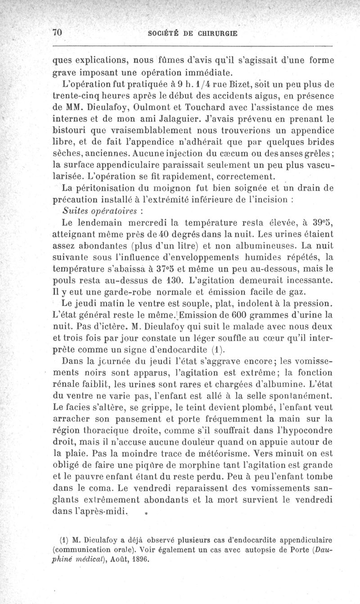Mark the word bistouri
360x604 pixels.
pos(68,133)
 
